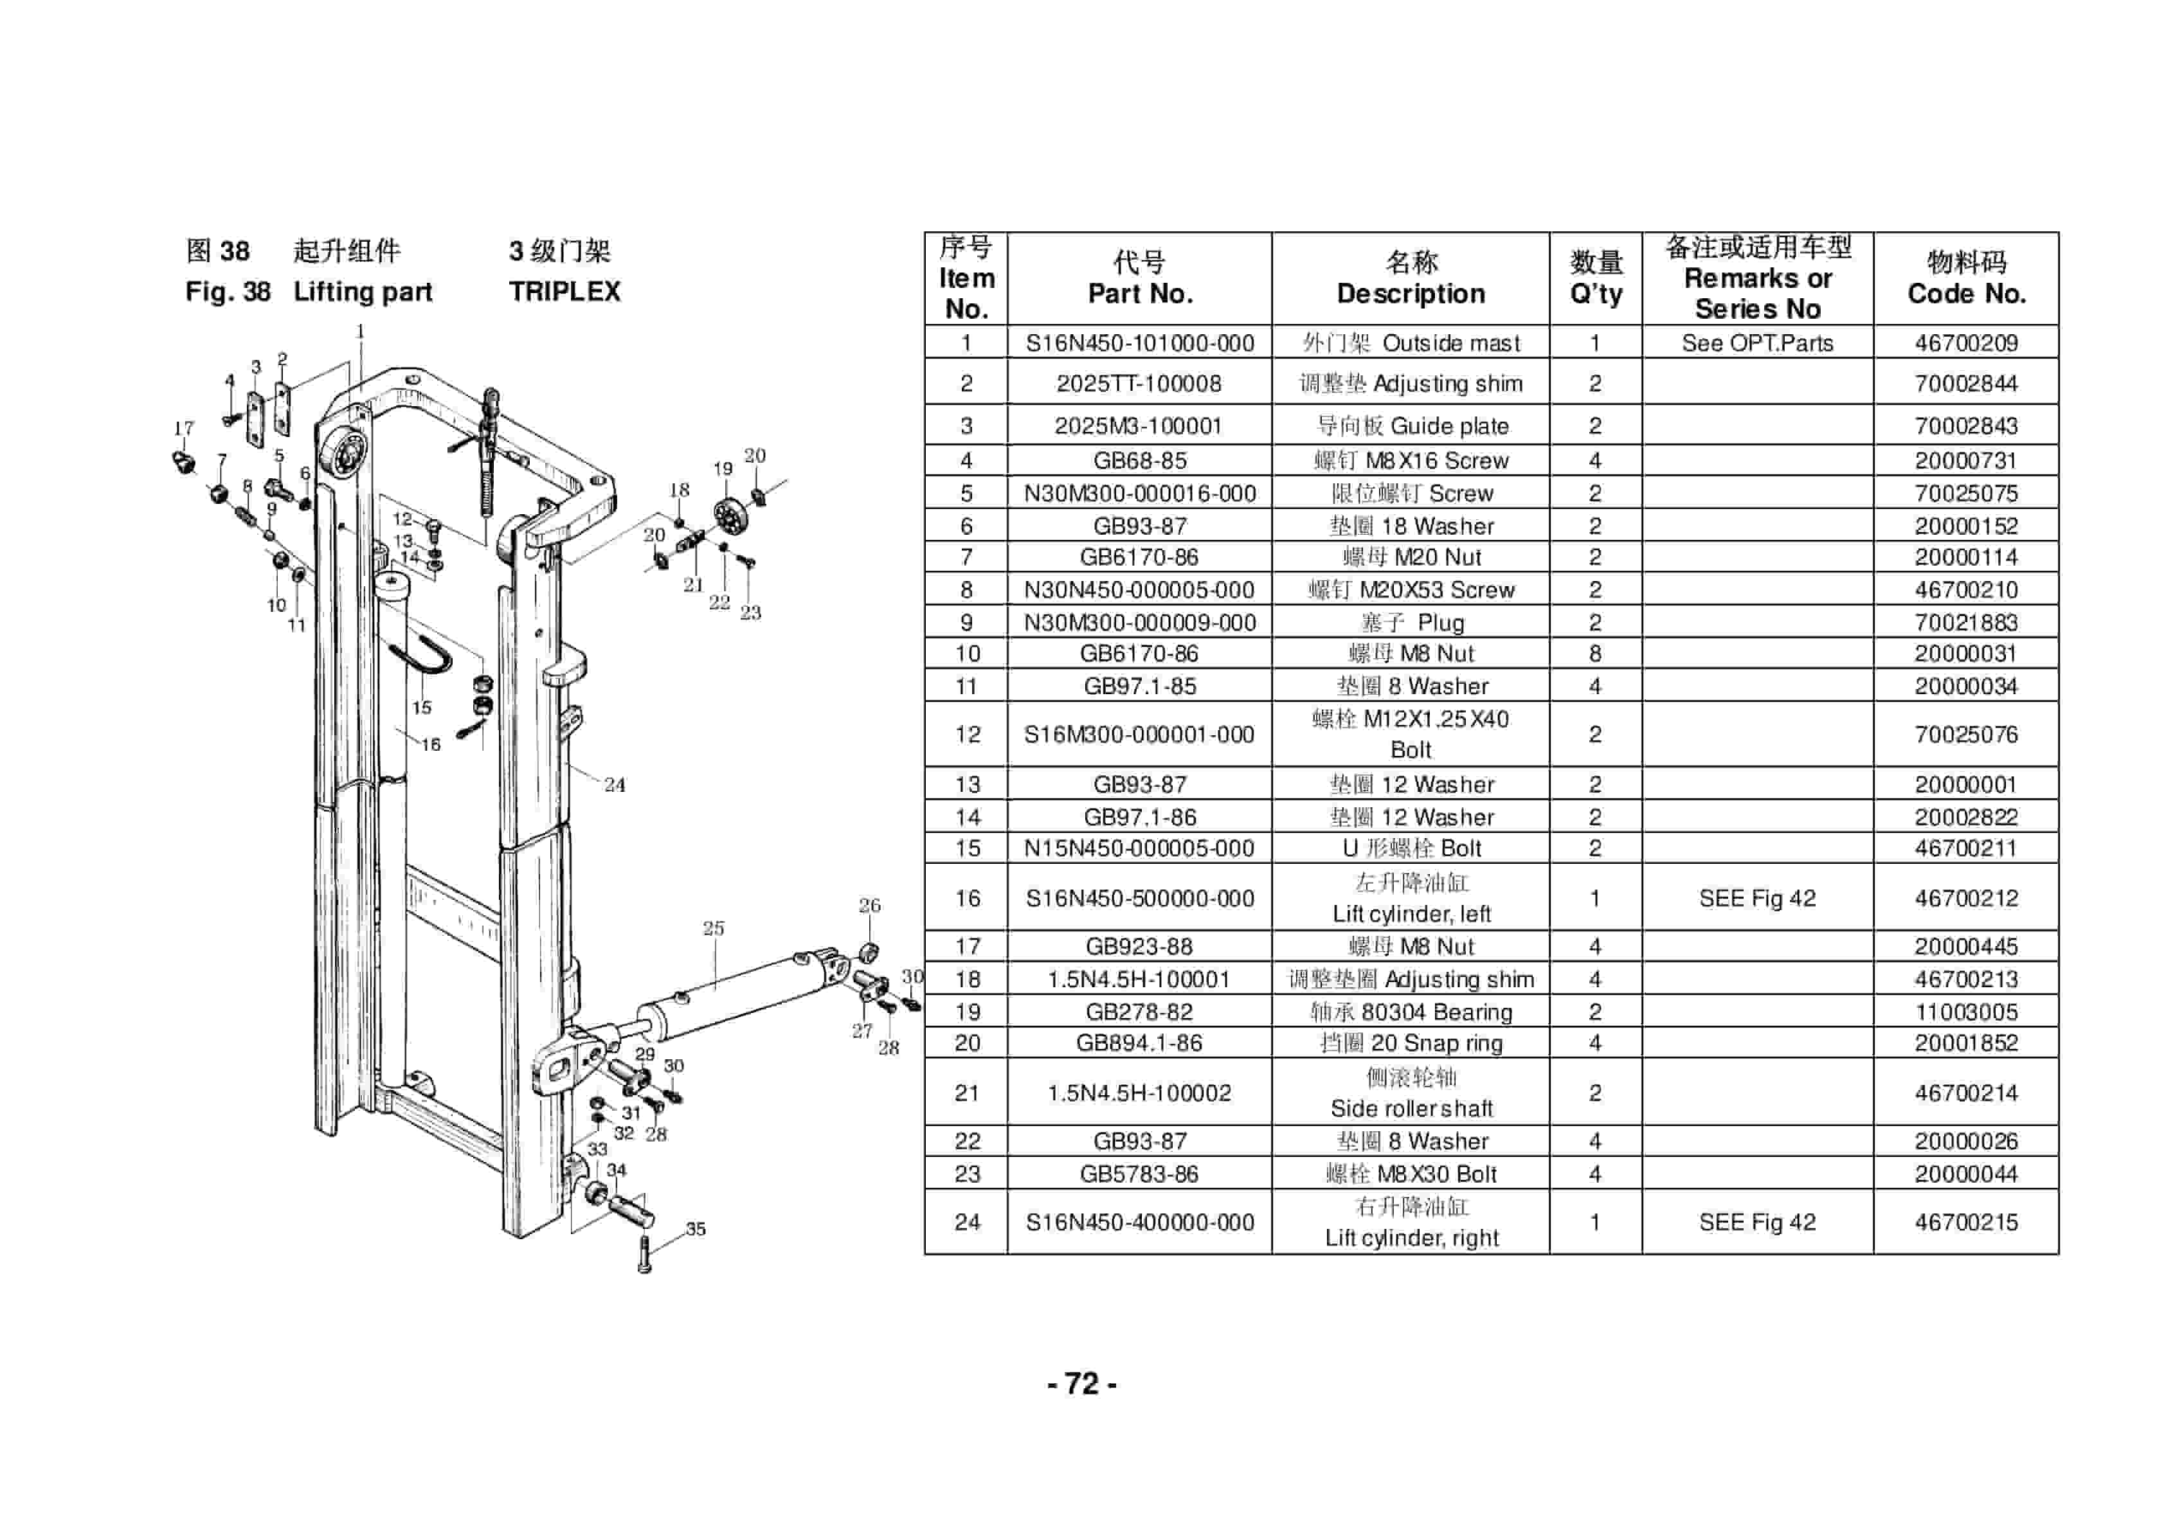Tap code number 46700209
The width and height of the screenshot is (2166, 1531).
pyautogui.click(x=1966, y=343)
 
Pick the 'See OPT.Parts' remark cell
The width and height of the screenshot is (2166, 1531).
pyautogui.click(x=1756, y=343)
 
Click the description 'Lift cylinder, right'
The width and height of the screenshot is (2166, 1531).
pyautogui.click(x=1411, y=1238)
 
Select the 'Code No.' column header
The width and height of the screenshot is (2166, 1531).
pyautogui.click(x=1966, y=293)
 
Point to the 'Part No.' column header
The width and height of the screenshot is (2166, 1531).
pyautogui.click(x=1140, y=293)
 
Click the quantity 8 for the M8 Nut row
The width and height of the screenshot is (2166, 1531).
pyautogui.click(x=1594, y=654)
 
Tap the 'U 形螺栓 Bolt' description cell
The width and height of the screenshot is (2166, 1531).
pyautogui.click(x=1411, y=848)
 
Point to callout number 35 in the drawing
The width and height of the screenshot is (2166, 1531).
pyautogui.click(x=695, y=1228)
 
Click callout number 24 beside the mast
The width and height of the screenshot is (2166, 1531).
pyautogui.click(x=614, y=785)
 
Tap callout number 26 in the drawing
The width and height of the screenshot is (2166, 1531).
pyautogui.click(x=869, y=906)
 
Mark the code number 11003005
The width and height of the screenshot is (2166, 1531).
pyautogui.click(x=1966, y=1012)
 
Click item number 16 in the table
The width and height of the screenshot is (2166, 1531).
pyautogui.click(x=967, y=898)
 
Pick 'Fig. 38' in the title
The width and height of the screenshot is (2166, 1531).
pyautogui.click(x=228, y=292)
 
